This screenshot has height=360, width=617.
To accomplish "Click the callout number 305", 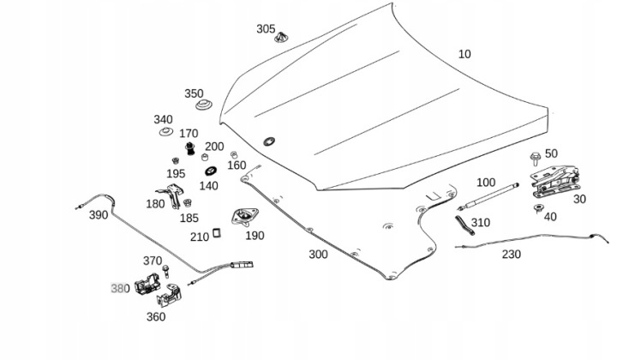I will pyautogui.click(x=266, y=28).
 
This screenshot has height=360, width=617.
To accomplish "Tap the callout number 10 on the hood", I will pyautogui.click(x=464, y=54).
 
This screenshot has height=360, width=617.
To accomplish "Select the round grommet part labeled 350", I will pyautogui.click(x=204, y=109).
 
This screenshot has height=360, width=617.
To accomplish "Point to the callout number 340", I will pyautogui.click(x=163, y=119).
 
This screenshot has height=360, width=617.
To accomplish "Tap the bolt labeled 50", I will pyautogui.click(x=536, y=157).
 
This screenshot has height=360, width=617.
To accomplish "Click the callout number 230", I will pyautogui.click(x=511, y=254).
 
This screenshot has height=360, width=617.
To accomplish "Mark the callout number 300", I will pyautogui.click(x=318, y=255).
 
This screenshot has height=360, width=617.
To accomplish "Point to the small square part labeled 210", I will pyautogui.click(x=218, y=231).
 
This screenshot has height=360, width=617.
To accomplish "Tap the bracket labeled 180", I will pyautogui.click(x=171, y=196).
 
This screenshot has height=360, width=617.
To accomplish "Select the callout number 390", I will pyautogui.click(x=99, y=214).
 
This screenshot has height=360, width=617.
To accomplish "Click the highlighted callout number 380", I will pyautogui.click(x=119, y=289).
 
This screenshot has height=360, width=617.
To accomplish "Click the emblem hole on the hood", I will pyautogui.click(x=270, y=141).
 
